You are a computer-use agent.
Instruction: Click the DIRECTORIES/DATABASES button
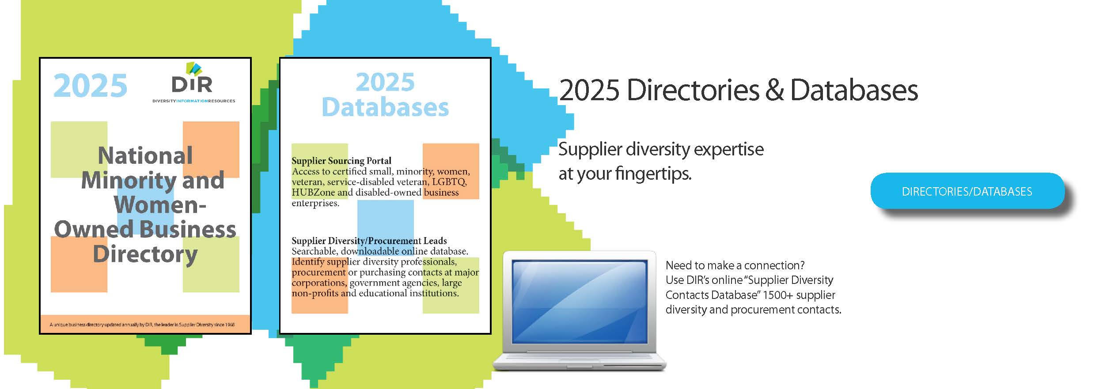click(x=967, y=191)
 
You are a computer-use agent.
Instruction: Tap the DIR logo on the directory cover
click(x=192, y=78)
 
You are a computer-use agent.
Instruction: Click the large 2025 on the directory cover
click(x=90, y=86)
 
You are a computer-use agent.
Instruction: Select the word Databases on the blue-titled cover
click(x=385, y=107)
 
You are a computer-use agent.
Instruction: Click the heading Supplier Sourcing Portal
click(x=341, y=161)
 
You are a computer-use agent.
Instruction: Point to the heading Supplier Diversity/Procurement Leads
click(x=369, y=241)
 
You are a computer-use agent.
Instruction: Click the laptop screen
click(x=580, y=302)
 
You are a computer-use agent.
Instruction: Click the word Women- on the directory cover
click(x=160, y=204)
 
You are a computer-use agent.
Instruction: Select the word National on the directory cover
click(x=145, y=155)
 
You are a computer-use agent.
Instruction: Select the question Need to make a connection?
click(x=735, y=265)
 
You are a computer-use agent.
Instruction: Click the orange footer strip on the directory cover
click(x=145, y=324)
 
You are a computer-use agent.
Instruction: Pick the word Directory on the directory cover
click(x=145, y=255)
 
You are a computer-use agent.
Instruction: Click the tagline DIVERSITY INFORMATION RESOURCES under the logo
click(x=194, y=101)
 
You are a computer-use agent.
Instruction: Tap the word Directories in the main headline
click(x=693, y=90)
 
